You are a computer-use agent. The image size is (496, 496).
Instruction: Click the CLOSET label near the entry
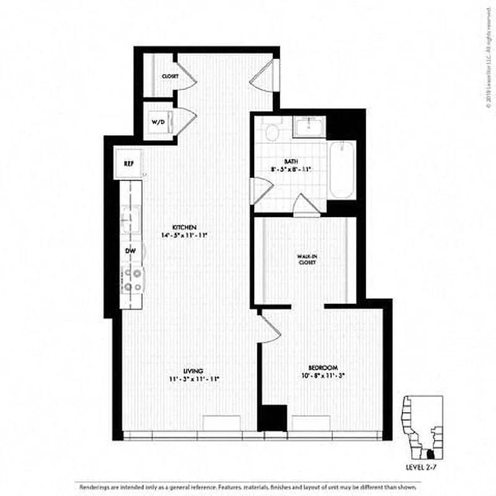tap(170, 76)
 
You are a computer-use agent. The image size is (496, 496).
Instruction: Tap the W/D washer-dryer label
tap(159, 122)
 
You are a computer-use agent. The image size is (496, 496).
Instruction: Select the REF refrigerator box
tap(129, 164)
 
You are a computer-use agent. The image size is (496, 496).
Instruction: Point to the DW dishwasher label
tap(130, 251)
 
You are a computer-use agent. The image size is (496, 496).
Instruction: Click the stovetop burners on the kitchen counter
tap(132, 280)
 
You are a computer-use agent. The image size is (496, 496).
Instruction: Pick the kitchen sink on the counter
tap(130, 217)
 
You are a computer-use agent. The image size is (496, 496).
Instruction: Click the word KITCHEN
tap(185, 227)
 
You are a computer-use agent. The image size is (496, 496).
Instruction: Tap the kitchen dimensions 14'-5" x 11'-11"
tap(185, 236)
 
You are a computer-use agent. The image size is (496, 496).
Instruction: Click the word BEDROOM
tap(322, 366)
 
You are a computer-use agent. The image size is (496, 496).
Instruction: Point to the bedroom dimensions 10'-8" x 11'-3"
tap(322, 376)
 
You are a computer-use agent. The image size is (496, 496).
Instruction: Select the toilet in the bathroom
tap(271, 131)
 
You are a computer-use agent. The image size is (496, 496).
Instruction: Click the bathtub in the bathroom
tap(342, 170)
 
